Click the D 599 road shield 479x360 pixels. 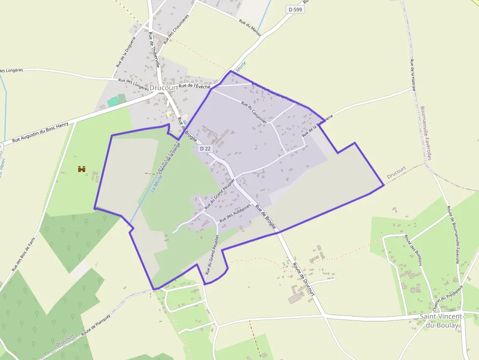coord(295,9)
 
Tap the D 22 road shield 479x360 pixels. coord(205,148)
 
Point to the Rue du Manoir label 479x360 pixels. coord(250,27)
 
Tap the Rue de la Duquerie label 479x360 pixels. coord(125,53)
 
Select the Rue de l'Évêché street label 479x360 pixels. coord(194,86)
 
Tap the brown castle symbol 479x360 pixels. coord(82,169)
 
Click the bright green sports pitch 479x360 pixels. coord(113,102)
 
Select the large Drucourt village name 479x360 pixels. coord(164,88)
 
